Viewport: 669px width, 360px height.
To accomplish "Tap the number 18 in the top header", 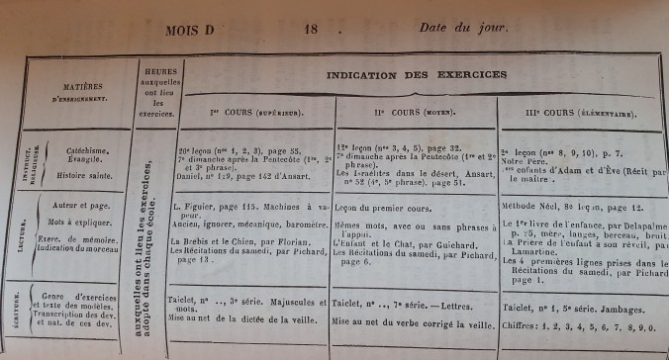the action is click(x=310, y=30).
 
